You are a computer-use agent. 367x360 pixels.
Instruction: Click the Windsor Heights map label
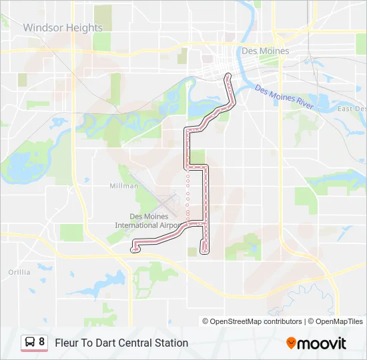(63, 28)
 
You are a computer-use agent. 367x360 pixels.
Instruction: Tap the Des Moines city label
(265, 51)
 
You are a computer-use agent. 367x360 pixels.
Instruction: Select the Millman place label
(123, 186)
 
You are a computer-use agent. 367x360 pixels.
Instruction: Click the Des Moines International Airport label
(149, 221)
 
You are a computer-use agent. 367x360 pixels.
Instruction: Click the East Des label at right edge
(352, 109)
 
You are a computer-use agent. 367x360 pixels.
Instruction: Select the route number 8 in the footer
(42, 342)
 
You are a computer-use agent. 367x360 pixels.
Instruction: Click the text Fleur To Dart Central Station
(121, 343)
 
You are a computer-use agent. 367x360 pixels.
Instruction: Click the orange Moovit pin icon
(291, 343)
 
